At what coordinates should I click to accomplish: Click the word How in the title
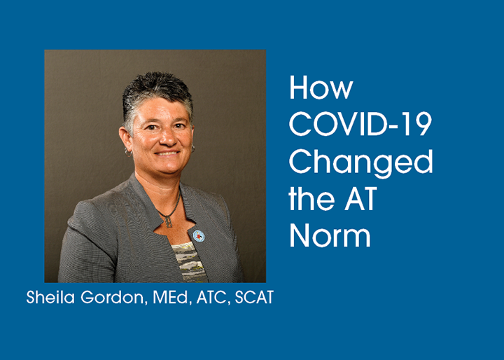pyautogui.click(x=321, y=88)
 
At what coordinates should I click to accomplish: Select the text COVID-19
pyautogui.click(x=360, y=124)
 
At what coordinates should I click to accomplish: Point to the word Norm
pyautogui.click(x=330, y=235)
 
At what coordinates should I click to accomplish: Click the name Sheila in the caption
pyautogui.click(x=50, y=297)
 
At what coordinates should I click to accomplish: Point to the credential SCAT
pyautogui.click(x=254, y=297)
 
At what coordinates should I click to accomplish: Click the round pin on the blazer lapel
pyautogui.click(x=198, y=236)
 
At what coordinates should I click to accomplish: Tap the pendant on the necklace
pyautogui.click(x=169, y=221)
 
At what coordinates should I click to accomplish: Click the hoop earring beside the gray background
pyautogui.click(x=128, y=152)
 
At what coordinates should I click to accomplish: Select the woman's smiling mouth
pyautogui.click(x=167, y=153)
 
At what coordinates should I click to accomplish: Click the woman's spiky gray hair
pyautogui.click(x=157, y=93)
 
